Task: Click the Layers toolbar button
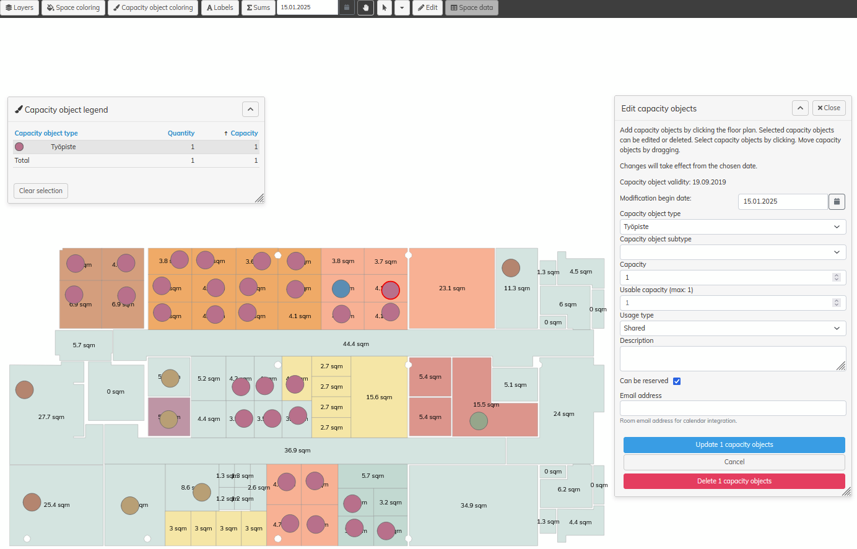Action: (20, 7)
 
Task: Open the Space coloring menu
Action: (73, 7)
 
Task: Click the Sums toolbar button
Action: (258, 7)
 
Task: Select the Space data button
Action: (472, 7)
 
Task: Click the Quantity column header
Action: (181, 133)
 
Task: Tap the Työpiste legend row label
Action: (63, 147)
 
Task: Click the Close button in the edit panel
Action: (829, 108)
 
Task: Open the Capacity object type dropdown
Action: (733, 227)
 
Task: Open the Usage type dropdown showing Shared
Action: (733, 328)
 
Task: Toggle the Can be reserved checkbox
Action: (677, 381)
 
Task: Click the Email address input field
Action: (733, 408)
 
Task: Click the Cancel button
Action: (734, 462)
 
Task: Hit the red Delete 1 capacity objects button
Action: (734, 481)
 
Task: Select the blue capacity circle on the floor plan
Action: (341, 288)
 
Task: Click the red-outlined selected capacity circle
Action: (391, 290)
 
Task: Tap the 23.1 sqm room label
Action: (451, 288)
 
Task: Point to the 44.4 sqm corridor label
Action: (355, 344)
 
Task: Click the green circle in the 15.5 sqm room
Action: (479, 421)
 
